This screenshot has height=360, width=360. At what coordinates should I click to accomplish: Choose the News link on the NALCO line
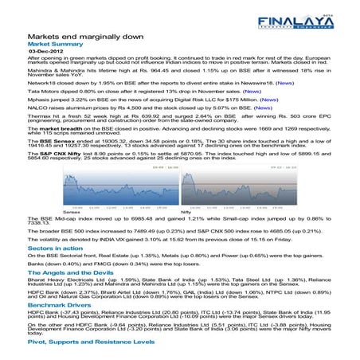pos(258,110)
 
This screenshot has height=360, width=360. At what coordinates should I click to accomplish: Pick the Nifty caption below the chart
pos(185,213)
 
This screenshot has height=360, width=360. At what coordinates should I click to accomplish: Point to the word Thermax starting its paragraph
pos(38,119)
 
